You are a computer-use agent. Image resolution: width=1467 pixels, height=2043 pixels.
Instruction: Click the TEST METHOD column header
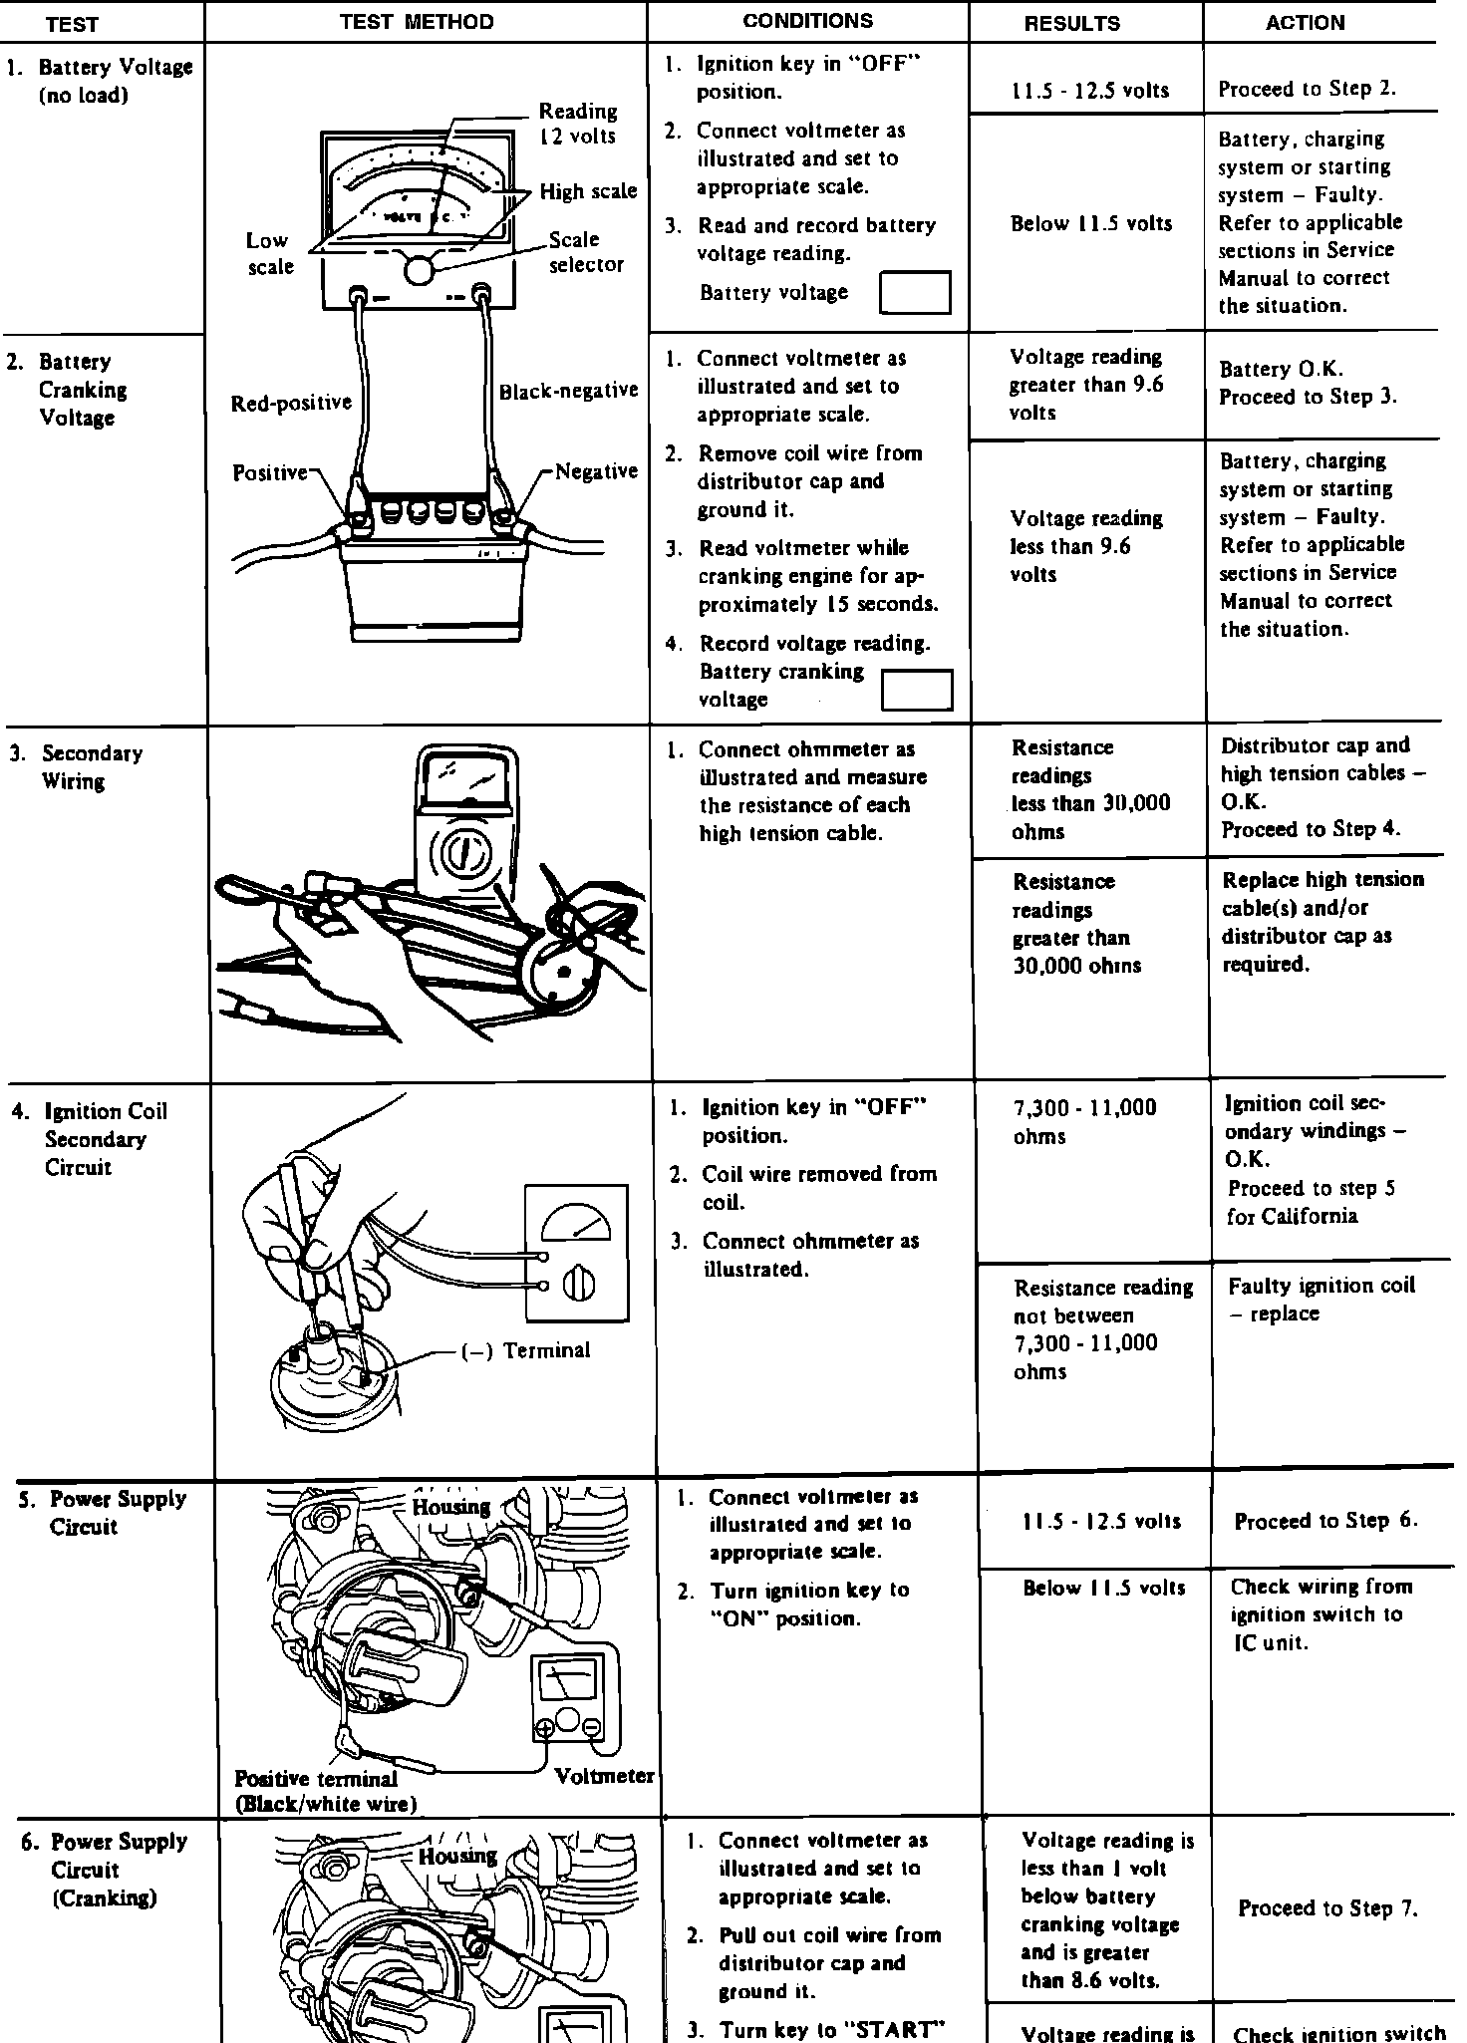417,22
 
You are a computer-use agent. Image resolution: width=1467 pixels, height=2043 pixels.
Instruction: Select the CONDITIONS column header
807,21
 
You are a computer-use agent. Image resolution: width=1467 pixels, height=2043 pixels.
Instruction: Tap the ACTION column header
1305,23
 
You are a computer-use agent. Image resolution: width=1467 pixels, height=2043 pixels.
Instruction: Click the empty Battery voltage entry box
915,293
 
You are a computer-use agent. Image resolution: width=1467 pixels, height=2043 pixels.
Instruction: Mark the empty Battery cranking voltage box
917,690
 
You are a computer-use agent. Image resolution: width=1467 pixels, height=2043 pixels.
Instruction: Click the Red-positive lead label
291,403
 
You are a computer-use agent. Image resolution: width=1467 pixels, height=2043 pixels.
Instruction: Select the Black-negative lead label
568,391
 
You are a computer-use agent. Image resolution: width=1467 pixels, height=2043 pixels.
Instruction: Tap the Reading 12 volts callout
577,124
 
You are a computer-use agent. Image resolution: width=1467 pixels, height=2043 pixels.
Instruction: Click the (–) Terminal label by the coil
525,1350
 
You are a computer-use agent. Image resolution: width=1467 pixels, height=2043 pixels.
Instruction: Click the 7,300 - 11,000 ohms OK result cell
1084,1122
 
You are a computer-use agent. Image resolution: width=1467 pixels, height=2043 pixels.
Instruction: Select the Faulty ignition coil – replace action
1320,1300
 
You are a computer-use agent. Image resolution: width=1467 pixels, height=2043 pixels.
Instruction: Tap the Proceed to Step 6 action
1324,1521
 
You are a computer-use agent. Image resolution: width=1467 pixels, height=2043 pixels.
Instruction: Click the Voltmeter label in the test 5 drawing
604,1776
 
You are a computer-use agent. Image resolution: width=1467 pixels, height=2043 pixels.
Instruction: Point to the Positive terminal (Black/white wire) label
324,1791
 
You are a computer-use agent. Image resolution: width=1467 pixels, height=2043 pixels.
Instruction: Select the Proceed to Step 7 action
1327,1908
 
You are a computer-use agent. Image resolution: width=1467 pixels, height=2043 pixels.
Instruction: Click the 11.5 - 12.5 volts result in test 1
1089,91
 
